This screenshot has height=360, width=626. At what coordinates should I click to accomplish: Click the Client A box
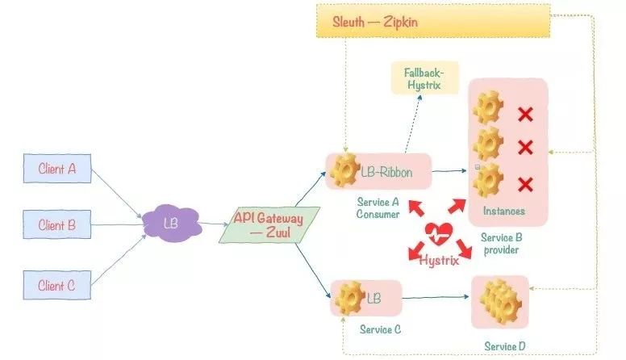(57, 170)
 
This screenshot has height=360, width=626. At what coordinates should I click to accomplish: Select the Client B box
(57, 225)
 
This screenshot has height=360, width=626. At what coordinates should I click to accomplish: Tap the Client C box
(57, 284)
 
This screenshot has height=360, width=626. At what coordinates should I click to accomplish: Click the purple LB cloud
(170, 224)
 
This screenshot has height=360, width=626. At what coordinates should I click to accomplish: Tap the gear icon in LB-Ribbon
(344, 170)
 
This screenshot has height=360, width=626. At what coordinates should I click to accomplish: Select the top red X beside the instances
(525, 114)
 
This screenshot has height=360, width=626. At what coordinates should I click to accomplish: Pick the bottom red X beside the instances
(525, 185)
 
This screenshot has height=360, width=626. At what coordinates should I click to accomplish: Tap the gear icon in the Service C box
(349, 299)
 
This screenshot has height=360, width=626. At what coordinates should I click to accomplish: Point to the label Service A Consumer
(378, 209)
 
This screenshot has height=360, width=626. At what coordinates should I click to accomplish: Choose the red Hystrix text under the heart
(440, 260)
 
